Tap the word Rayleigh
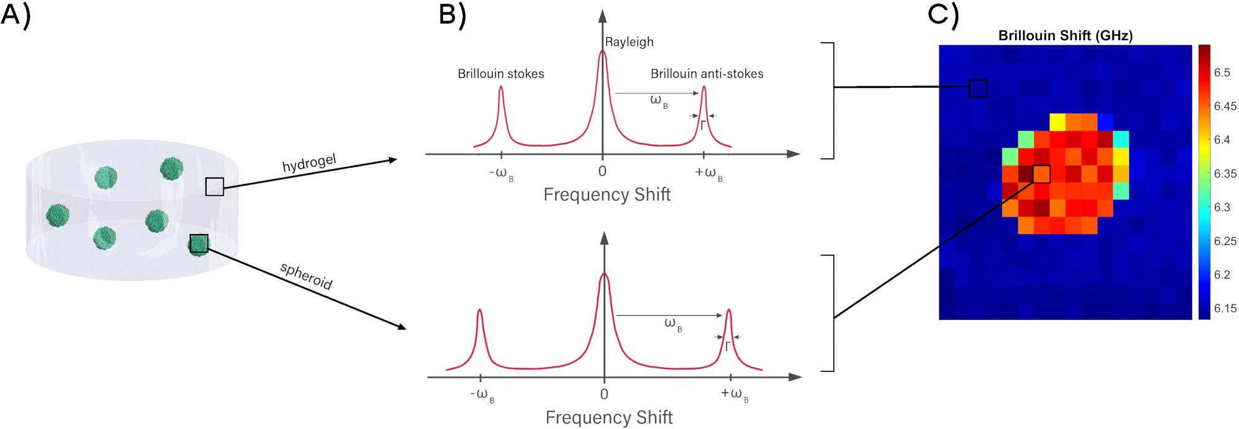point(629,42)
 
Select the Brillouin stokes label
point(501,74)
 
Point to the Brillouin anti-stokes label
point(707,74)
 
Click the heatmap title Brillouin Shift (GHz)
point(1065,36)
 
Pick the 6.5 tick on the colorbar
point(1222,72)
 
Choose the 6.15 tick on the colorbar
point(1225,308)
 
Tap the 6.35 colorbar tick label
point(1225,173)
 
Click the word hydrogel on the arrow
point(309,163)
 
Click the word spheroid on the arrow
point(307,276)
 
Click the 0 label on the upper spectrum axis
point(602,171)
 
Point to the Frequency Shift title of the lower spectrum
point(609,417)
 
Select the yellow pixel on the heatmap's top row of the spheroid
point(1057,122)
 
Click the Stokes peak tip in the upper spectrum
point(501,86)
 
